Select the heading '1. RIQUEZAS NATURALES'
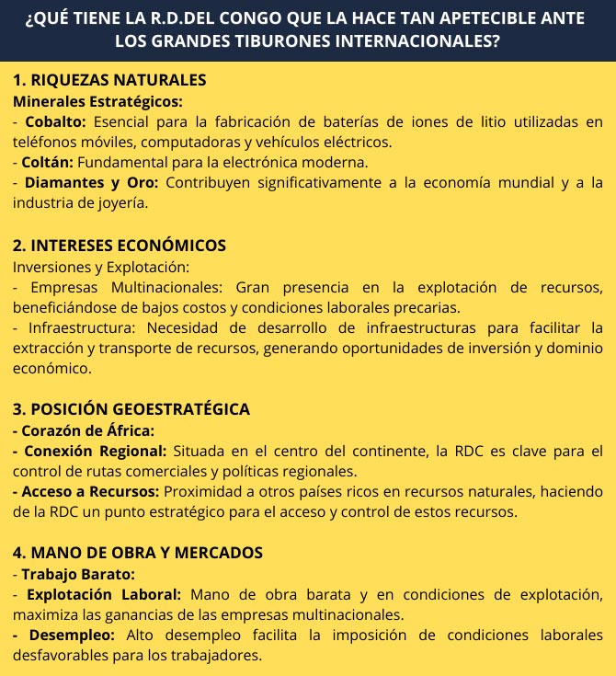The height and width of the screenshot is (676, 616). tap(109, 80)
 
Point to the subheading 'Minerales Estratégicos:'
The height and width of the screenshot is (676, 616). tap(97, 101)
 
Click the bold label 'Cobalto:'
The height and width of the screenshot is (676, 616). tap(56, 121)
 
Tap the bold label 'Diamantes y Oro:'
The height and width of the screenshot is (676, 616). tap(92, 182)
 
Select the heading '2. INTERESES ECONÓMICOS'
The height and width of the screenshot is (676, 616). tap(120, 246)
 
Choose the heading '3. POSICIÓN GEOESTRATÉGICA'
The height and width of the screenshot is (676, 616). tap(131, 409)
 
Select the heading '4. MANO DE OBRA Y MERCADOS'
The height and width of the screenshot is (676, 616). tap(138, 553)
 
